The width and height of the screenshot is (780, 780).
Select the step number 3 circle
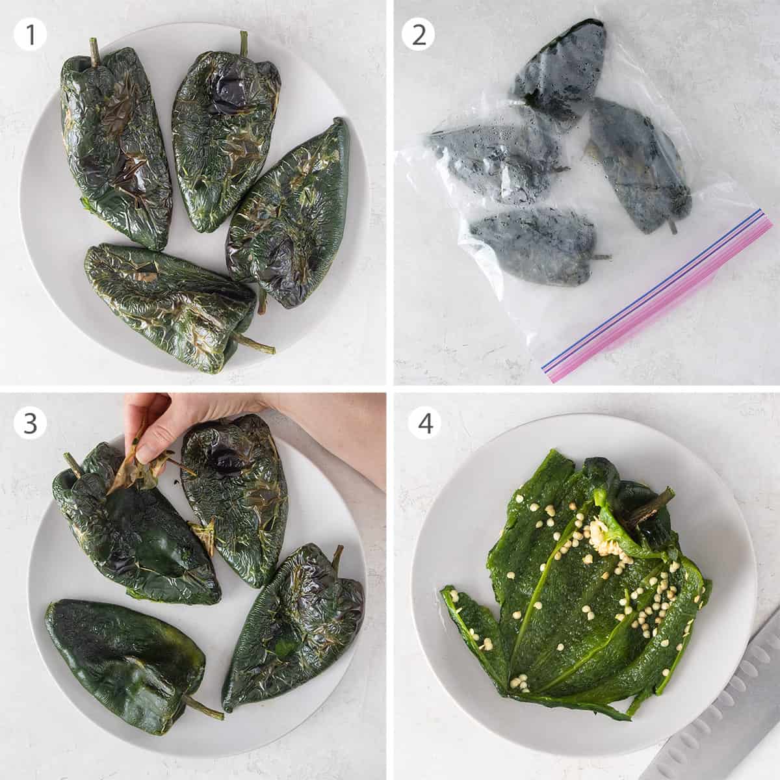tap(30, 423)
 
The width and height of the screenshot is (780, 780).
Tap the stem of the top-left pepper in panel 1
tap(94, 51)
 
